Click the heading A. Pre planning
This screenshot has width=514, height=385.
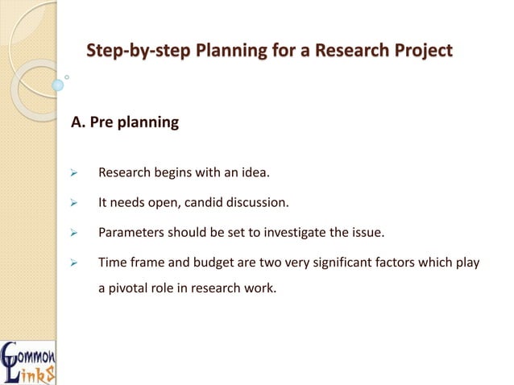125,124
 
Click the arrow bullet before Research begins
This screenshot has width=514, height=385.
73,173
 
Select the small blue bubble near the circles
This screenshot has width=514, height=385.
58,84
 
